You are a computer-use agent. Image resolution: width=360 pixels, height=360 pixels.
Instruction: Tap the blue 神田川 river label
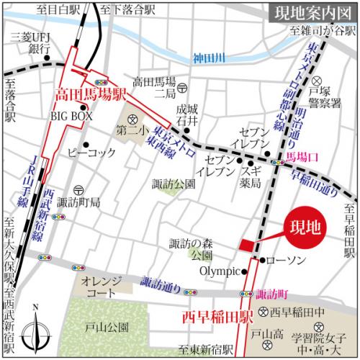pyautogui.click(x=210, y=57)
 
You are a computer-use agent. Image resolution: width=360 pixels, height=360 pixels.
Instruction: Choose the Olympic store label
pyautogui.click(x=219, y=271)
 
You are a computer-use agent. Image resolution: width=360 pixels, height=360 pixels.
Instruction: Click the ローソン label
pyautogui.click(x=288, y=260)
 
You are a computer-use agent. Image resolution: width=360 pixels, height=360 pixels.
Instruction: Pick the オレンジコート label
pyautogui.click(x=101, y=286)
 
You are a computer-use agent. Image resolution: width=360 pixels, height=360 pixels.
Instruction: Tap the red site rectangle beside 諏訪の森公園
pyautogui.click(x=246, y=246)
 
